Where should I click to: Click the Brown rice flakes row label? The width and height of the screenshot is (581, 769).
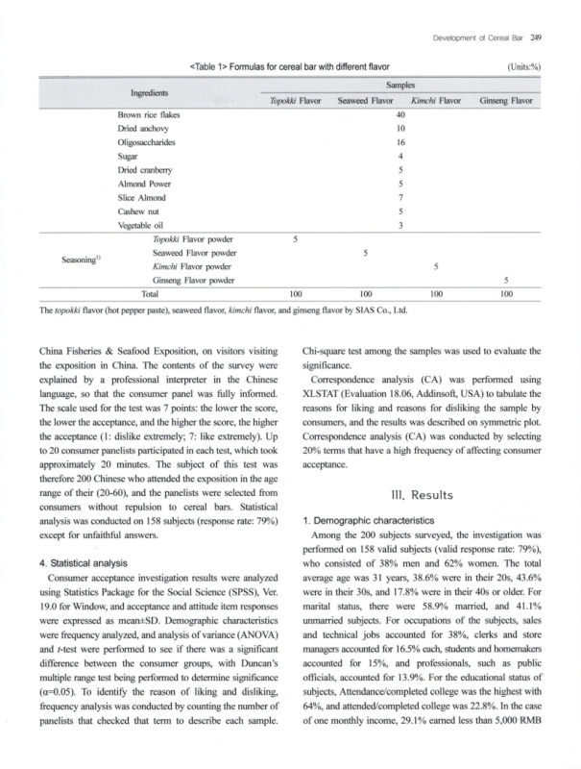[148, 114]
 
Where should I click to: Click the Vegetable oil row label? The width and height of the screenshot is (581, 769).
[140, 224]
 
